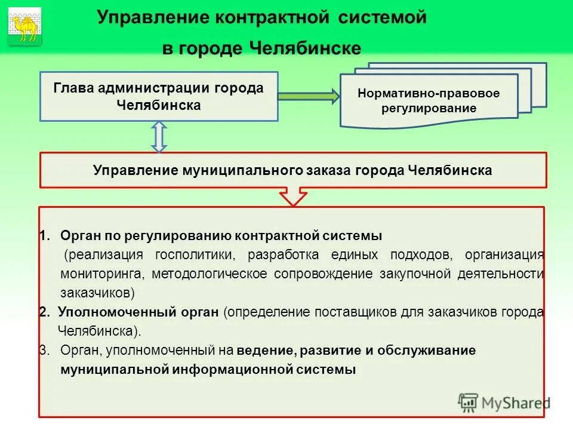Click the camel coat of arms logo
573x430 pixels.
click(x=24, y=26)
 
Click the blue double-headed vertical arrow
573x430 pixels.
click(x=159, y=137)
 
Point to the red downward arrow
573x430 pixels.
click(x=292, y=196)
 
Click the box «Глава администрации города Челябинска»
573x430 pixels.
click(x=159, y=96)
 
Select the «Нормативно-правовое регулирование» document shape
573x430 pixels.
click(x=429, y=101)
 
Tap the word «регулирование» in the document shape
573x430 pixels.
click(x=429, y=109)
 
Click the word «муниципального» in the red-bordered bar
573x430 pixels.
click(x=237, y=170)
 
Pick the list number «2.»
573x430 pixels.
click(x=45, y=312)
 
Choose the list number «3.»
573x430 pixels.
click(x=45, y=351)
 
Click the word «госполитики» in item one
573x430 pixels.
click(x=192, y=255)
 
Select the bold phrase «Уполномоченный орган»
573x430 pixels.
click(x=140, y=312)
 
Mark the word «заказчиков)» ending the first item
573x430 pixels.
click(x=97, y=293)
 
